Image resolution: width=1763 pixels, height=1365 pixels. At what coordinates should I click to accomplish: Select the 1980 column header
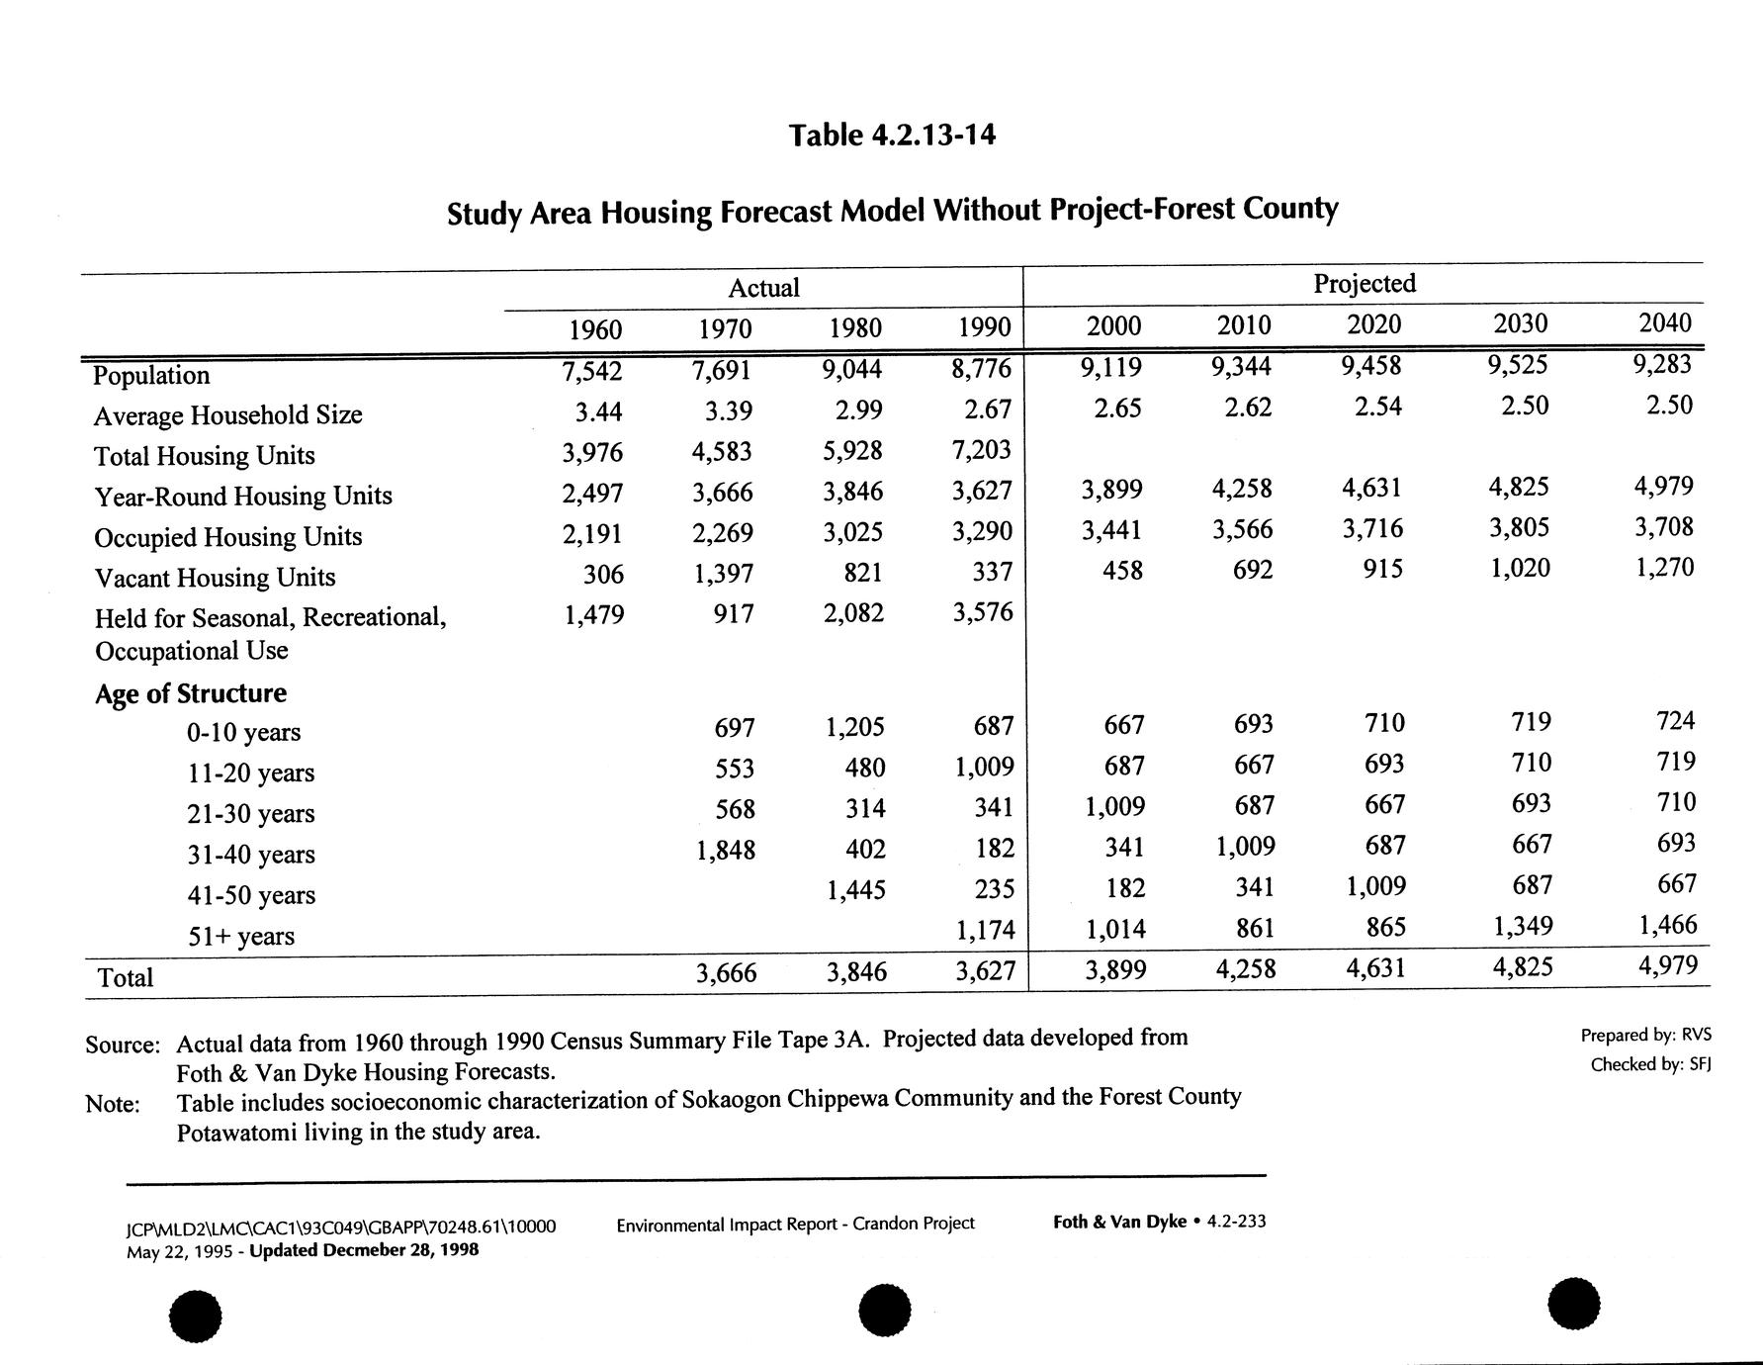point(854,327)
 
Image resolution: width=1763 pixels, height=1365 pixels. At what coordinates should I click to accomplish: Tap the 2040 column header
point(1665,322)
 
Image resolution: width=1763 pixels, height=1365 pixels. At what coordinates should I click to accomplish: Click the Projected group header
point(1365,284)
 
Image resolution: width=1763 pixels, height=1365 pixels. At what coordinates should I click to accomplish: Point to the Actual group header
point(763,288)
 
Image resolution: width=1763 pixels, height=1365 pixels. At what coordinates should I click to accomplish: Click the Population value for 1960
point(592,371)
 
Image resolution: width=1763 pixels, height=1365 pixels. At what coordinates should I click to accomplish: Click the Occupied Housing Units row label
point(228,537)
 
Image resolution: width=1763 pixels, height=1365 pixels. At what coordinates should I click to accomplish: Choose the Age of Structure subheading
point(191,693)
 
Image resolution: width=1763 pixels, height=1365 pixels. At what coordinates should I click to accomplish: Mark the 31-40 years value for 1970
point(726,850)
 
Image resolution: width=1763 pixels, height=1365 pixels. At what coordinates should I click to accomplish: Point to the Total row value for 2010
point(1246,968)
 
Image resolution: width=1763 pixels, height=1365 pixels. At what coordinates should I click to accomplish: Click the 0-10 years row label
point(243,732)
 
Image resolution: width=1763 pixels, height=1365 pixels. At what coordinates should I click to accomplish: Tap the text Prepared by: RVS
point(1645,1035)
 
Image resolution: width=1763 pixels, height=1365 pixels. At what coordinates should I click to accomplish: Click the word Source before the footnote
point(122,1045)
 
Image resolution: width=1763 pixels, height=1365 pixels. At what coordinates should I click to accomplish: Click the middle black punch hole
point(883,1311)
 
